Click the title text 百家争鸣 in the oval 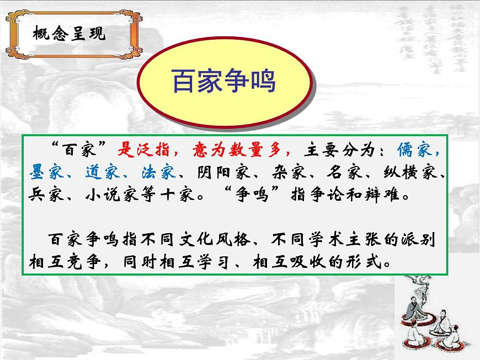point(223,83)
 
